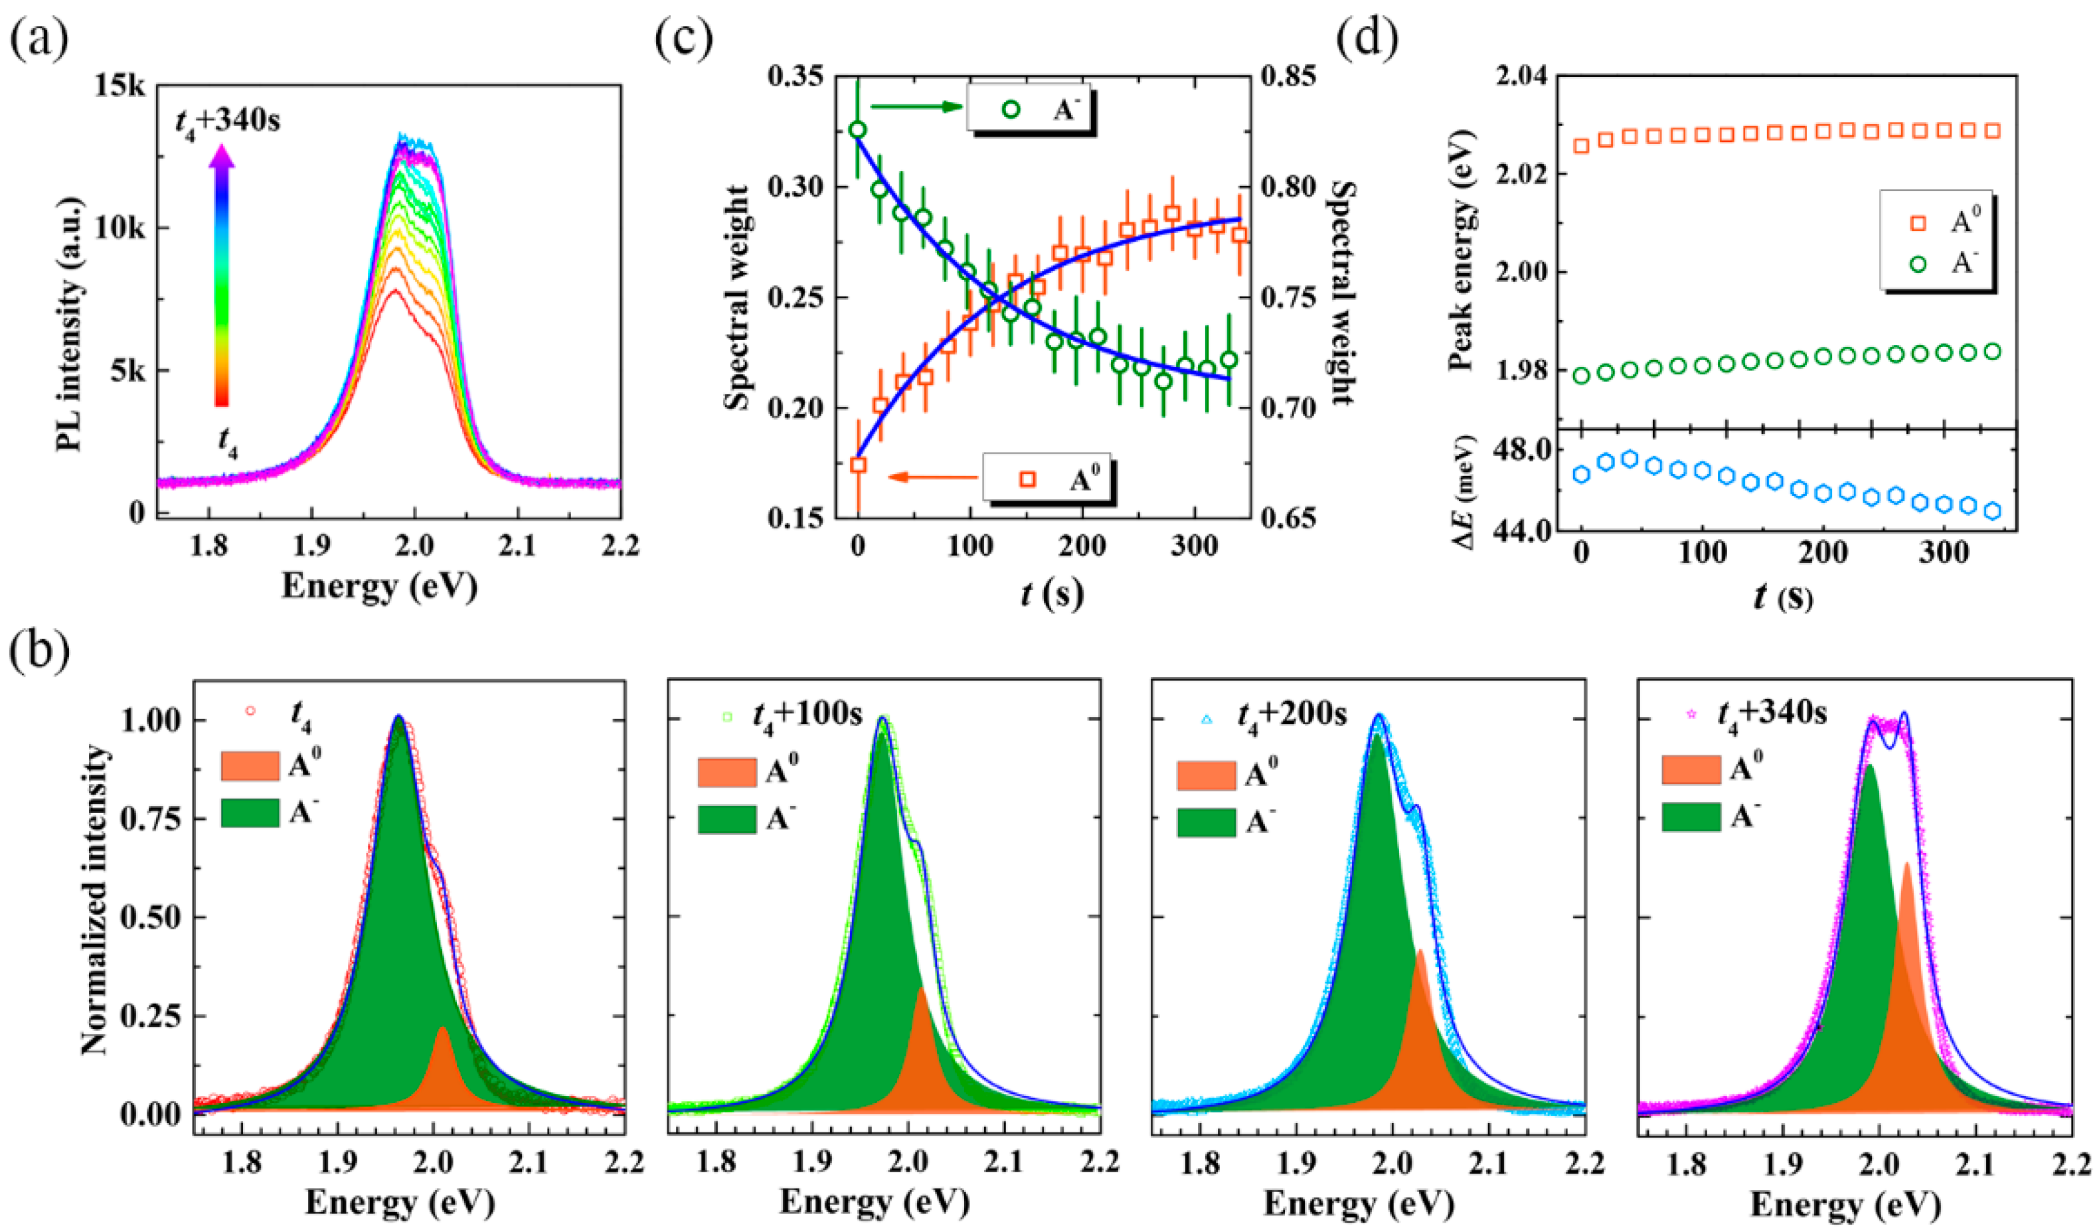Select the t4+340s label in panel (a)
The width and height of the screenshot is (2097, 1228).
click(227, 122)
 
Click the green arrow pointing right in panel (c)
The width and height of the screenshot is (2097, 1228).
click(915, 106)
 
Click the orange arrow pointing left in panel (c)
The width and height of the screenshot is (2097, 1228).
click(932, 477)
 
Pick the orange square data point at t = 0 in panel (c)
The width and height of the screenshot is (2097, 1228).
click(858, 464)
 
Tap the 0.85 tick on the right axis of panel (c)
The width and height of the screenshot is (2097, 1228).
click(1288, 76)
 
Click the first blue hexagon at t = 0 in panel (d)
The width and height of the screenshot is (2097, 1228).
click(1581, 474)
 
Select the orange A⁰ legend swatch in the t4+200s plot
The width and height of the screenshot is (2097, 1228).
click(1205, 775)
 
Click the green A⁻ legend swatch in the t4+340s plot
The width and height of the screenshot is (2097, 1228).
click(1690, 816)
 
